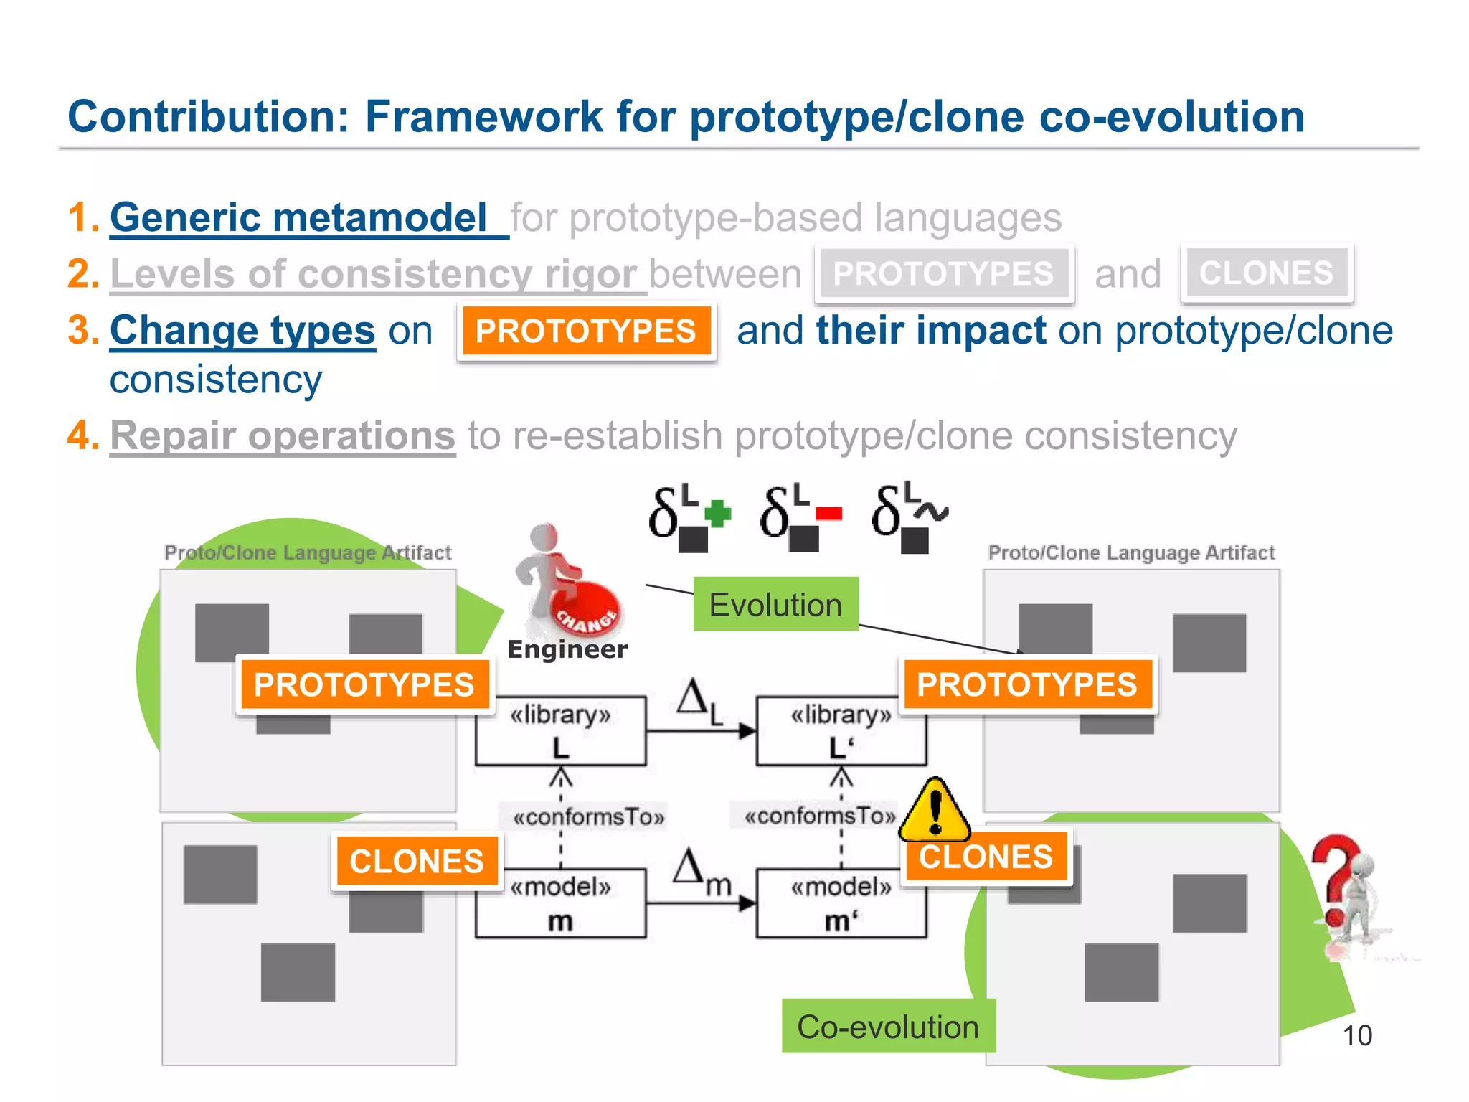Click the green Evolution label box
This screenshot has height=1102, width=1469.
tap(775, 604)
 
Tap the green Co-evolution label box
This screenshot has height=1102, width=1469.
tap(888, 1026)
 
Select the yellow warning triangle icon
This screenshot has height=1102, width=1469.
tap(935, 811)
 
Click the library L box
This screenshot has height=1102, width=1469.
tap(560, 730)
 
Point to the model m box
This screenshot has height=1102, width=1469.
tap(560, 903)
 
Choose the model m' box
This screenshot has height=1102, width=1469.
tap(841, 903)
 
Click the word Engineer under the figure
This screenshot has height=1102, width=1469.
tap(567, 649)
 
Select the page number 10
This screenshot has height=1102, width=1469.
tap(1356, 1035)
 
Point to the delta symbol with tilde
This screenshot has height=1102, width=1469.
tap(909, 517)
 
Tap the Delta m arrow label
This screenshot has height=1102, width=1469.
tap(701, 872)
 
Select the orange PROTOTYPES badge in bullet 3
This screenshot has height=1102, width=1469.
tap(586, 331)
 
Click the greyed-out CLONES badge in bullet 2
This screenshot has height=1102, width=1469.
tap(1266, 273)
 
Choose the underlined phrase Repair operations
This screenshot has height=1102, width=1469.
tap(283, 435)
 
